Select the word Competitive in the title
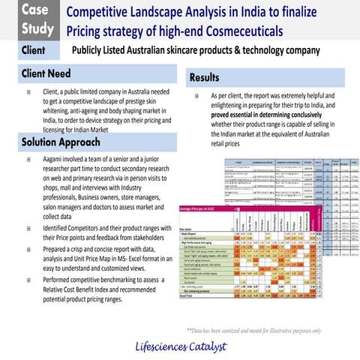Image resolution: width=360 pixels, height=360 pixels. tap(102, 12)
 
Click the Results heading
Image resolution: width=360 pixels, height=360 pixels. tap(205, 77)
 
